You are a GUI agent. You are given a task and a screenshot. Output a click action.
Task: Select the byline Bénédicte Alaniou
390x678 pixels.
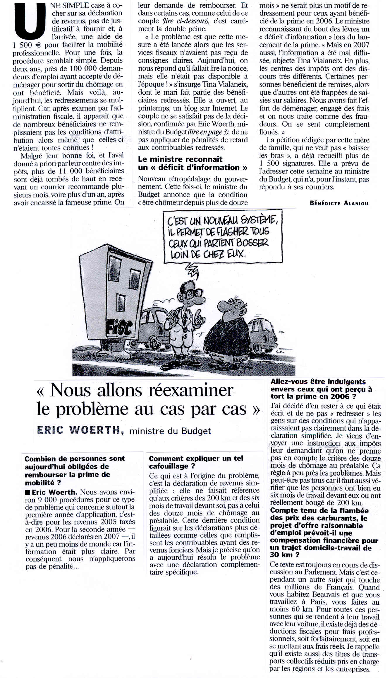[339, 203]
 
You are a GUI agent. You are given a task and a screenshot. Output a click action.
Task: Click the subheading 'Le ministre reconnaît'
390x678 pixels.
[180, 159]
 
